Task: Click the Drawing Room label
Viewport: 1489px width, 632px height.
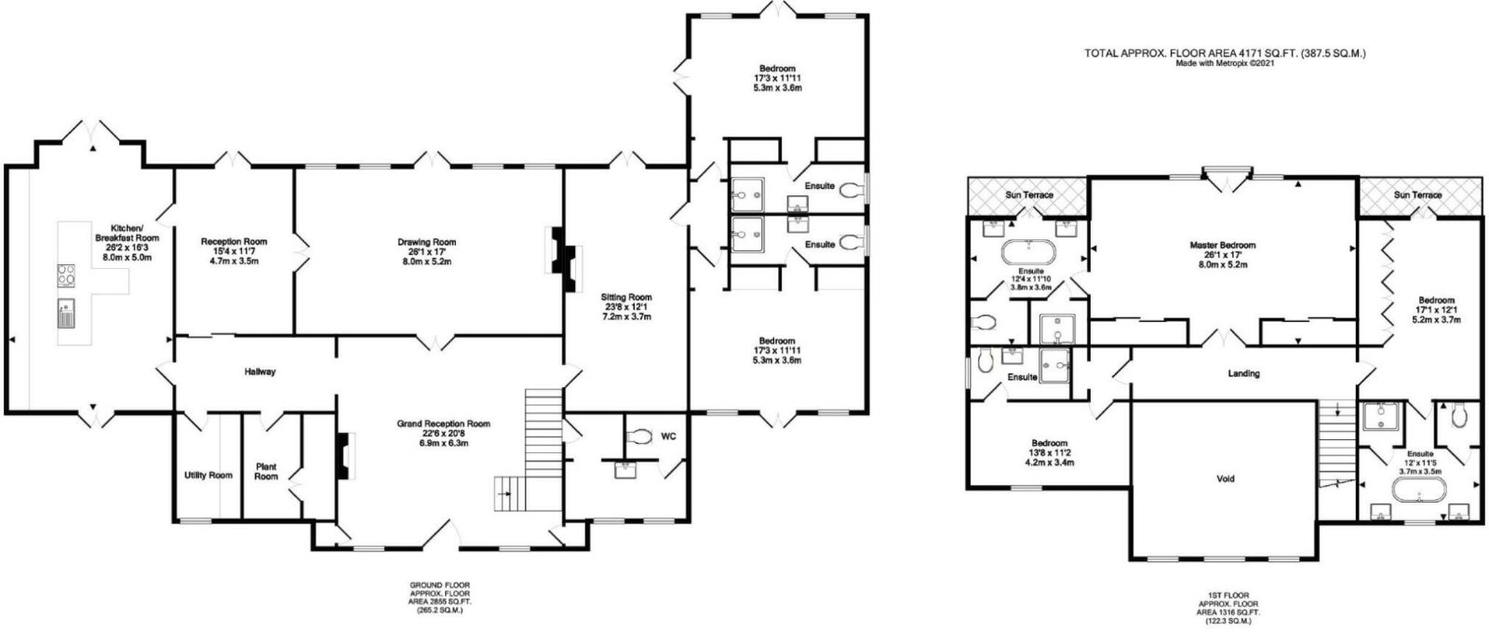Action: pos(427,243)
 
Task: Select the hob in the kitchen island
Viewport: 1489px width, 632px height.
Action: pos(66,276)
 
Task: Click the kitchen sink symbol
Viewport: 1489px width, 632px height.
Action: pos(66,314)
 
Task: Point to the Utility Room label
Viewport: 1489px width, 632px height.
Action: pos(208,475)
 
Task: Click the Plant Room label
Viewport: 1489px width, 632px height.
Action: pos(266,471)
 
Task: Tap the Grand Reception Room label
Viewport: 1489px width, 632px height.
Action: pos(443,424)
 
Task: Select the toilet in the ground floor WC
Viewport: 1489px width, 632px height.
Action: pos(639,437)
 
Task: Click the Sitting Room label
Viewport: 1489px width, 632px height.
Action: pos(626,297)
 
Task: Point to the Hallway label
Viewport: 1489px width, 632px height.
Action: pos(260,371)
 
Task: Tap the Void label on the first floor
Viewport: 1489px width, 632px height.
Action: pos(1225,478)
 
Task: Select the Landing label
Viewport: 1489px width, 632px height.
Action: pos(1243,373)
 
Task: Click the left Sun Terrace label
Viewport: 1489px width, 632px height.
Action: pos(1029,195)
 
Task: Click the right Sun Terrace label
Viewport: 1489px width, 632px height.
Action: pos(1418,195)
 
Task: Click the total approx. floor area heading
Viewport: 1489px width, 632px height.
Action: pos(1225,53)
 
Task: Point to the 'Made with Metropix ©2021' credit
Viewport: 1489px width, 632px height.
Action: pos(1225,64)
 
